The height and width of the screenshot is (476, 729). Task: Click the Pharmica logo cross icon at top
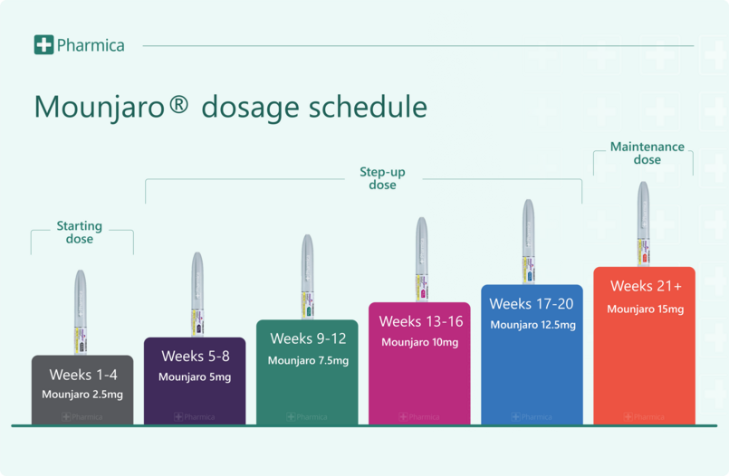click(x=43, y=44)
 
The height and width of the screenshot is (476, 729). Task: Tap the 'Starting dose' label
click(x=80, y=233)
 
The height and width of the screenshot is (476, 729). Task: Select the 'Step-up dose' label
click(x=382, y=178)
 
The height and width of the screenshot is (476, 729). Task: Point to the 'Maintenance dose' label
click(x=647, y=153)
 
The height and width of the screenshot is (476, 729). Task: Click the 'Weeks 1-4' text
click(x=83, y=375)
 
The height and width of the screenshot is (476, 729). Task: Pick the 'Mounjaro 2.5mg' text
click(x=82, y=395)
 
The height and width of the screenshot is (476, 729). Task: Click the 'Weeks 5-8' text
click(x=196, y=357)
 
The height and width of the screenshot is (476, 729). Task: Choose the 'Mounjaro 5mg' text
click(x=195, y=376)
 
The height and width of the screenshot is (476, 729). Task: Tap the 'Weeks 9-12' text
click(x=308, y=339)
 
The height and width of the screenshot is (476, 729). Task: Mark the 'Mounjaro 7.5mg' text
click(x=308, y=360)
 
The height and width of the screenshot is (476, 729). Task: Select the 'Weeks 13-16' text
click(x=420, y=321)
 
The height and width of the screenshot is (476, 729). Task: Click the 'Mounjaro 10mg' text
click(x=419, y=342)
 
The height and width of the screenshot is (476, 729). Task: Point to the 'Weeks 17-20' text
click(x=532, y=304)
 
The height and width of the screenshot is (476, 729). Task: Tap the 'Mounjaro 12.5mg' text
click(x=532, y=325)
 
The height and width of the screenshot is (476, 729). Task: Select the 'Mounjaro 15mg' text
click(x=645, y=309)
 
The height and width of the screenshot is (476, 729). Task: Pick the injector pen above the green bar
click(x=307, y=277)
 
